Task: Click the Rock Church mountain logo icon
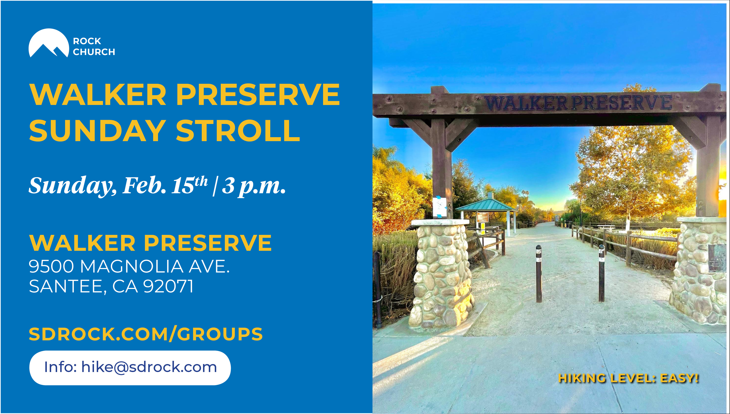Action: (x=49, y=43)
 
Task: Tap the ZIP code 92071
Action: (x=168, y=286)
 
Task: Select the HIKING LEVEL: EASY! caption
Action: (x=628, y=378)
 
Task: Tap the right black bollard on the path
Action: (x=601, y=273)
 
